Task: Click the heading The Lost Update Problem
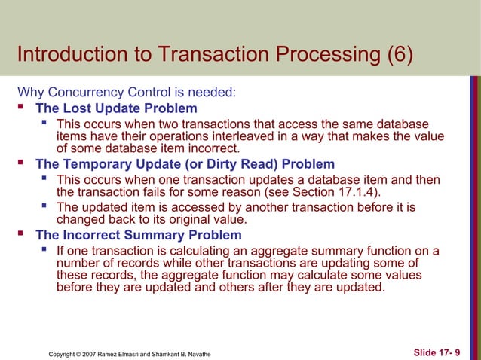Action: pyautogui.click(x=116, y=108)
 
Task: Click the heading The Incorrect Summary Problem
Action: pyautogui.click(x=139, y=235)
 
